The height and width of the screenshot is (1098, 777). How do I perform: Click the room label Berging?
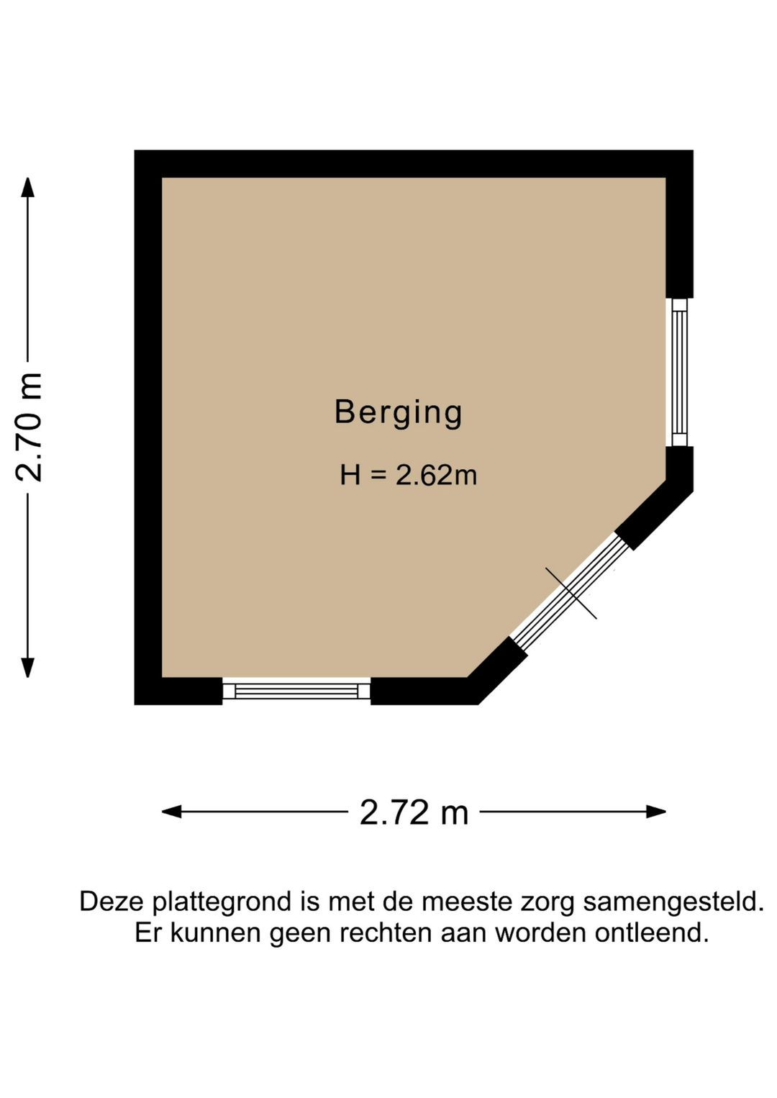point(398,413)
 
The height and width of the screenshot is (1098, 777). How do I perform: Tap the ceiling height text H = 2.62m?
point(408,476)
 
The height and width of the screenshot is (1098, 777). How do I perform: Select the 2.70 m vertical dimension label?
point(30,427)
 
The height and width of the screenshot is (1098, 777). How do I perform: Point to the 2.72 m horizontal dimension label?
point(414,813)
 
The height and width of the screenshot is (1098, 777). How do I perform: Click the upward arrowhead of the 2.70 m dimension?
point(27,187)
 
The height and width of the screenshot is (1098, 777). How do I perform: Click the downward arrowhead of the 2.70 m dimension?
point(27,668)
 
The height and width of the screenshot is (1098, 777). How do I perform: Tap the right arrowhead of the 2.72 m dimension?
point(655,812)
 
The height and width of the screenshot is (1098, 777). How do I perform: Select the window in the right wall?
point(679,372)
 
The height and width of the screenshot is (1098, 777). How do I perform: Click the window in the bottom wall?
point(296,691)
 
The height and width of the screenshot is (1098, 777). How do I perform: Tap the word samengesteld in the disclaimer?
point(673,902)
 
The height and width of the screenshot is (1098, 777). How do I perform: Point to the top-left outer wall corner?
point(137,153)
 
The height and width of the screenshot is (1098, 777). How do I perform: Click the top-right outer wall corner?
point(691,153)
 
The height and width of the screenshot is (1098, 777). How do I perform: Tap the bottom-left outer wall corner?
point(137,702)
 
